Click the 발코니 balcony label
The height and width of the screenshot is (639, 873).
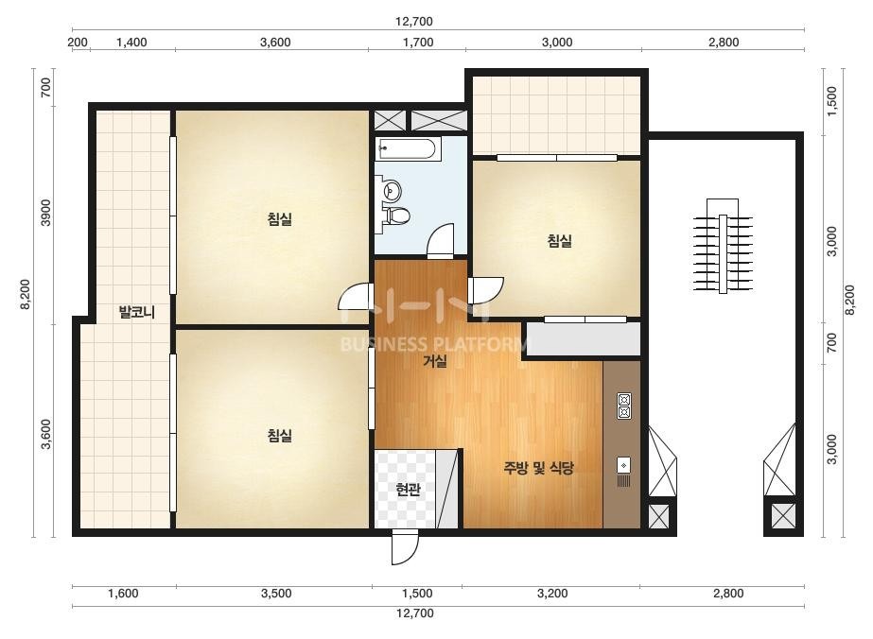(x=136, y=312)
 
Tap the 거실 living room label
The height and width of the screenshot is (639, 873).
(x=435, y=361)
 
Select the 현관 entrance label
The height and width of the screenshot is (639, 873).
(x=408, y=490)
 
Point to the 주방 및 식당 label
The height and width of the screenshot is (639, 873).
(x=538, y=468)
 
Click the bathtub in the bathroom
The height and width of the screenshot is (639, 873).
(x=408, y=148)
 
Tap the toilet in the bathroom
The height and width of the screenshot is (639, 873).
(x=397, y=216)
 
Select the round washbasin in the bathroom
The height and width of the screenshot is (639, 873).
(x=393, y=190)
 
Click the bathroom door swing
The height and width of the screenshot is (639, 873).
(x=441, y=240)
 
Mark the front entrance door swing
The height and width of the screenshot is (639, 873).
(x=405, y=547)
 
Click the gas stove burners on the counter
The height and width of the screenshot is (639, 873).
(x=624, y=406)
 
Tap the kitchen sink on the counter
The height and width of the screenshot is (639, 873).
(x=623, y=472)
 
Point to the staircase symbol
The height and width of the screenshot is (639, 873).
(x=723, y=246)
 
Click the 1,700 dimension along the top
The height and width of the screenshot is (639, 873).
(x=417, y=43)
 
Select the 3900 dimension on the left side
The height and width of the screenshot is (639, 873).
(x=45, y=212)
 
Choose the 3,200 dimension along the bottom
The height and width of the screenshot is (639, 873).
(x=552, y=594)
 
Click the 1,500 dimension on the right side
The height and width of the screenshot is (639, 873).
(x=831, y=101)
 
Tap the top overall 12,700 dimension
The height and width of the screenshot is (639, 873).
(x=414, y=22)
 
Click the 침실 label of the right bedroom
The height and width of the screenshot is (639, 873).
(x=560, y=240)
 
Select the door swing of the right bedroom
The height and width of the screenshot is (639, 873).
(x=485, y=290)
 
